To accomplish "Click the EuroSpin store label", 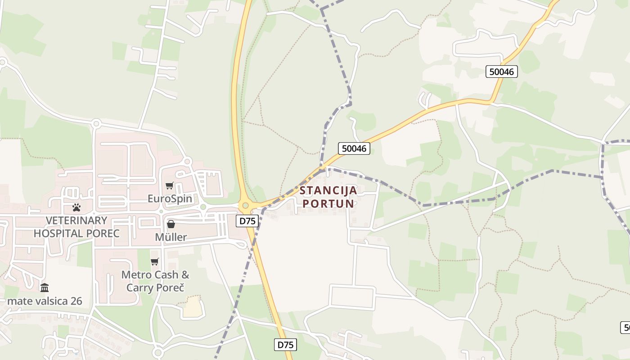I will (170, 198).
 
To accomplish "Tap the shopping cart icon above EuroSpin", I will (169, 185).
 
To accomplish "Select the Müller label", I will (171, 237).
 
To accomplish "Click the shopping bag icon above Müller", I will (171, 224).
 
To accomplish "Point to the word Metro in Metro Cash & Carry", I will (136, 274).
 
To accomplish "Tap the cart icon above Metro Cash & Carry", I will (155, 261).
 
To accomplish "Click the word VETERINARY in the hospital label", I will (76, 220).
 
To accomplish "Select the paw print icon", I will (76, 207).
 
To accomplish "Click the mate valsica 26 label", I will (45, 301).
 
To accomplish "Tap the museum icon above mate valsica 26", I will (45, 288).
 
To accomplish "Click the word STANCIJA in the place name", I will (328, 190).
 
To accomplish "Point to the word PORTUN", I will (328, 203).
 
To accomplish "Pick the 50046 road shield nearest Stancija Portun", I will (354, 148).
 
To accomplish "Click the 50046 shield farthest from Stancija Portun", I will (502, 71).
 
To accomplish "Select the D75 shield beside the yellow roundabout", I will (247, 220).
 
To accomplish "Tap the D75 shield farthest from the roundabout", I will (286, 345).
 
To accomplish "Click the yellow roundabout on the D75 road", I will (245, 206).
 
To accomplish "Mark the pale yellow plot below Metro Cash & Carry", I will (193, 307).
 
